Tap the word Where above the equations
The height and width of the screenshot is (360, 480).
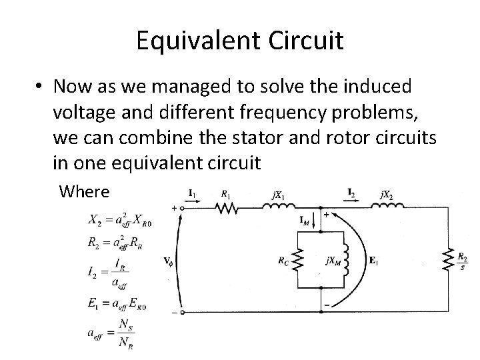point(84,192)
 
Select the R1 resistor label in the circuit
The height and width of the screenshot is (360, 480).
point(225,194)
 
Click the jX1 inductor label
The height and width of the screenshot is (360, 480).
point(276,195)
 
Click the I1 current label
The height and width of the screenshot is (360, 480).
point(192,193)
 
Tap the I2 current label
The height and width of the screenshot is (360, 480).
point(350,193)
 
